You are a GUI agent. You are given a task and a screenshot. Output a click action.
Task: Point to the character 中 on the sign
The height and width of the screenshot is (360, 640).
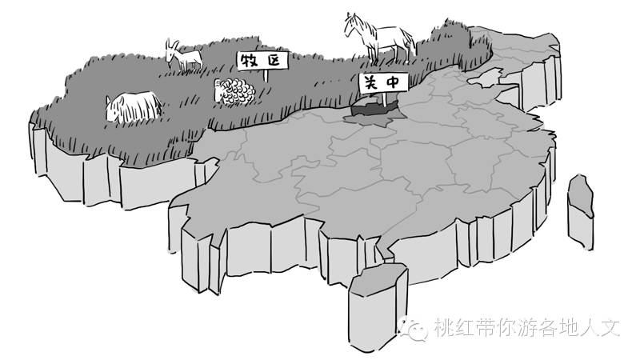click(x=393, y=81)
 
